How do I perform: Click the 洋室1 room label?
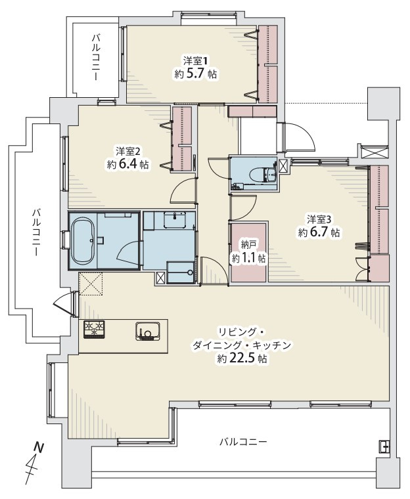pos(196,60)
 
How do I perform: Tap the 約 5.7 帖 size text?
pos(196,74)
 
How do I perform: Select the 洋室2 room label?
pos(128,150)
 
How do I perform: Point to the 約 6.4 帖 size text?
pos(127,164)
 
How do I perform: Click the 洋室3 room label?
pos(319,219)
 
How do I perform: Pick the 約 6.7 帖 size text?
pos(319,232)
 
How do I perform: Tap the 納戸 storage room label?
pos(249,244)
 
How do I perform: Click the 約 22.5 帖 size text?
pos(242,359)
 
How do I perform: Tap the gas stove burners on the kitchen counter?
pos(94,329)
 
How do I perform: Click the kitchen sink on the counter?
pos(148,332)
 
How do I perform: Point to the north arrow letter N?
pos(39,448)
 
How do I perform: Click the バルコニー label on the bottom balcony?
pos(242,442)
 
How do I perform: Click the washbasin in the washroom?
pos(175,220)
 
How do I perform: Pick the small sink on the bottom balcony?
pos(384,446)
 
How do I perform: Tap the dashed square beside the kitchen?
pos(91,284)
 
